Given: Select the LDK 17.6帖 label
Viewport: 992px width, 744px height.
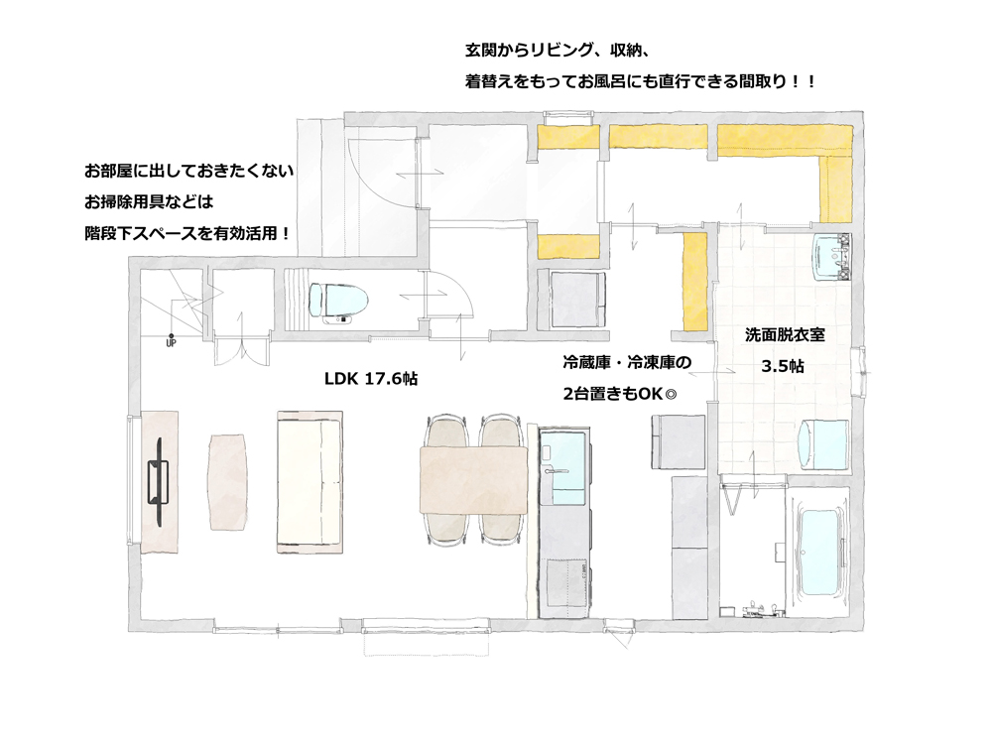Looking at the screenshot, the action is pyautogui.click(x=371, y=379).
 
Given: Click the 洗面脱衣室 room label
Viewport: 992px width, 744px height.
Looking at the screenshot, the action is pyautogui.click(x=785, y=334).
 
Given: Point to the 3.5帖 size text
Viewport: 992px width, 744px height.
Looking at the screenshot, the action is pyautogui.click(x=783, y=366).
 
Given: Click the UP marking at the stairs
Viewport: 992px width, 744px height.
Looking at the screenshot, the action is pyautogui.click(x=171, y=343).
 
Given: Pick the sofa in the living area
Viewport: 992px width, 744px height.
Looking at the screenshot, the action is pyautogui.click(x=310, y=482).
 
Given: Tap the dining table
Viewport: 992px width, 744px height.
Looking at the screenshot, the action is pyautogui.click(x=473, y=480).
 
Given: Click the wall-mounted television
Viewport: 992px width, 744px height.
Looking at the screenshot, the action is pyautogui.click(x=158, y=482).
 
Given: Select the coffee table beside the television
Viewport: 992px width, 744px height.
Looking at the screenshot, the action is pyautogui.click(x=227, y=481).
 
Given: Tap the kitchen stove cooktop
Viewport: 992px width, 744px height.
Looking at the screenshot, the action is pyautogui.click(x=564, y=587).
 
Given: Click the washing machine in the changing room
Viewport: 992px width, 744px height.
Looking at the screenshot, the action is pyautogui.click(x=823, y=445).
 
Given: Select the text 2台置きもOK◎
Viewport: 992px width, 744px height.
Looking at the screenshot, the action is pyautogui.click(x=620, y=394).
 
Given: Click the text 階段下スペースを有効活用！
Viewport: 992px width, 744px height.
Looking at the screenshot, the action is pyautogui.click(x=187, y=233).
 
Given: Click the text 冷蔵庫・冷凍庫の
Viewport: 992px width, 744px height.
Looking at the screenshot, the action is pyautogui.click(x=627, y=362).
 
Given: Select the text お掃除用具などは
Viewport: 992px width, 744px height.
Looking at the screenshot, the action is pyautogui.click(x=150, y=201).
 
